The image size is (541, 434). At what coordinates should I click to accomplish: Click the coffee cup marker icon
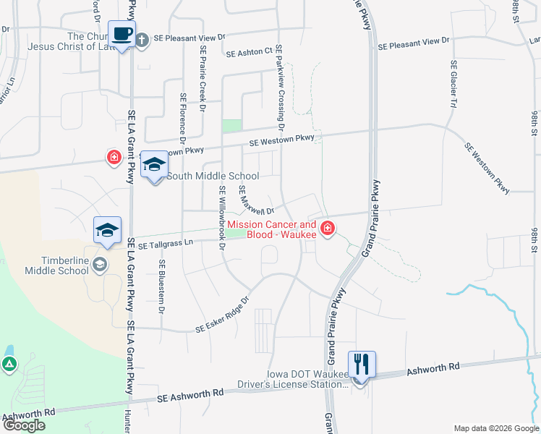[x=122, y=33]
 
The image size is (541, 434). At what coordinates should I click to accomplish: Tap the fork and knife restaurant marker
[x=360, y=363]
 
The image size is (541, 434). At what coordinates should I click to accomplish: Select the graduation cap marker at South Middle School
[x=154, y=164]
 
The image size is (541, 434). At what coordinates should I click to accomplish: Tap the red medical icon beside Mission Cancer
[x=328, y=229]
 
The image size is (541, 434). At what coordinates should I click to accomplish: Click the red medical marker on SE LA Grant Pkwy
[x=114, y=157]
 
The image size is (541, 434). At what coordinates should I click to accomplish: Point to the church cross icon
[x=142, y=40]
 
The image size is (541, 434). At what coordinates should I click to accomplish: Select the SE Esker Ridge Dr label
[x=222, y=315]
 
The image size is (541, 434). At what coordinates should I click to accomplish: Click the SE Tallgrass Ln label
[x=166, y=245]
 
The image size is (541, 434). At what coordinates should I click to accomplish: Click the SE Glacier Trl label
[x=453, y=90]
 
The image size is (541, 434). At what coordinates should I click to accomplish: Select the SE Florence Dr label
[x=184, y=116]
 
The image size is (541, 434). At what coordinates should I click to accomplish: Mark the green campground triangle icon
[x=9, y=365]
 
